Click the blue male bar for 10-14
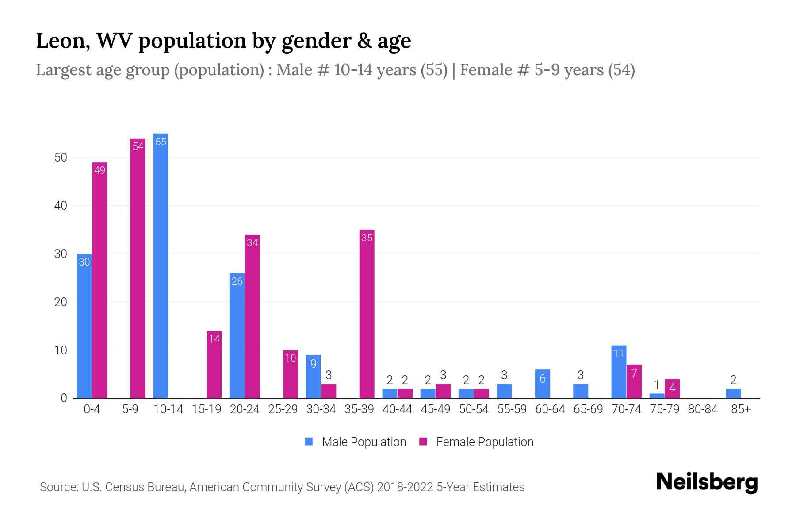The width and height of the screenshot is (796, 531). click(161, 265)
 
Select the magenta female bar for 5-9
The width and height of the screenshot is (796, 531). click(138, 268)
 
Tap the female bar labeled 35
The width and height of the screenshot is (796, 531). click(367, 314)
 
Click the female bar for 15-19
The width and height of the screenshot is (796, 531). click(214, 365)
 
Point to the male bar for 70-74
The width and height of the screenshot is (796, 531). click(619, 372)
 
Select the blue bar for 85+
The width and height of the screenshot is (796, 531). click(733, 393)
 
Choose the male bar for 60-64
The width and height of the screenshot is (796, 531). click(543, 384)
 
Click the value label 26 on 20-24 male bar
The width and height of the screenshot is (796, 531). click(237, 281)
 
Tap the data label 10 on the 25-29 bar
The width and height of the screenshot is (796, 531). click(291, 358)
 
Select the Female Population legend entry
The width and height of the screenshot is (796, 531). click(476, 442)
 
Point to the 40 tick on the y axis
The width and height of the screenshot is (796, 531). click(61, 206)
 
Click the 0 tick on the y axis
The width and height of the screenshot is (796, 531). click(64, 398)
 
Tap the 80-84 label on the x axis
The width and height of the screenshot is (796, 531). click(703, 409)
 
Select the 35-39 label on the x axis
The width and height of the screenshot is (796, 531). click(359, 409)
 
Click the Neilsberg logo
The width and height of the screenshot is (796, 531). click(707, 482)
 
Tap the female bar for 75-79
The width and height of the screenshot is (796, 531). click(672, 389)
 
